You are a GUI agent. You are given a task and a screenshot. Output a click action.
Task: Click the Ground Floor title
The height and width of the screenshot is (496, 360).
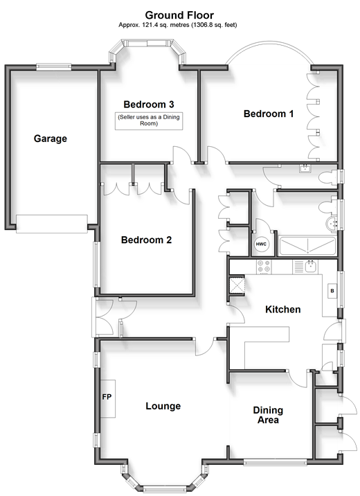click(x=179, y=15)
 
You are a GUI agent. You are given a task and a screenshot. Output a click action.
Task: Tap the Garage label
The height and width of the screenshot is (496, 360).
click(x=51, y=139)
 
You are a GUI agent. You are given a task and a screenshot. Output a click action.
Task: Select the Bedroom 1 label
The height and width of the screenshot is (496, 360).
click(x=269, y=114)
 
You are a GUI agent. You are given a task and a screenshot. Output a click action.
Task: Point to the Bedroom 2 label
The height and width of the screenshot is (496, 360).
click(x=146, y=240)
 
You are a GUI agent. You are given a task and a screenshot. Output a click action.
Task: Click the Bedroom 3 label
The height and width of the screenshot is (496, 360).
click(x=149, y=105)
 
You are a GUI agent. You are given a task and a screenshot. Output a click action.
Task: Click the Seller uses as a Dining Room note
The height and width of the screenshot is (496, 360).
click(x=149, y=121)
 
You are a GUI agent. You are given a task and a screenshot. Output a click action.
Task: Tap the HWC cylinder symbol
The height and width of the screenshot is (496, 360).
click(x=261, y=245)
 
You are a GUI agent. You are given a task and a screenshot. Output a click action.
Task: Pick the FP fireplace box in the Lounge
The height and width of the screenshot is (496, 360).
click(x=108, y=398)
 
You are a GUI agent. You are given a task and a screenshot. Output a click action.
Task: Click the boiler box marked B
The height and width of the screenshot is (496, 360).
click(x=332, y=291)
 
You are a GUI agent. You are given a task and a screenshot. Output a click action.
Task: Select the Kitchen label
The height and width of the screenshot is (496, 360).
click(x=283, y=310)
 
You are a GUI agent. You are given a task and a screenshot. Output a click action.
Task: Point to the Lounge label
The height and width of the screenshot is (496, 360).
click(x=163, y=406)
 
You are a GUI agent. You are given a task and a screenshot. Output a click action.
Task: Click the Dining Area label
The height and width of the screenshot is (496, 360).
click(x=268, y=415)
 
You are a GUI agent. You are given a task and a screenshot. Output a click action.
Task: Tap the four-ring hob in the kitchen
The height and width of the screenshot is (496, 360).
click(x=264, y=267)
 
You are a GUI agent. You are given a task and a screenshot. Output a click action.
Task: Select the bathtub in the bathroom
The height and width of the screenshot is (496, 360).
click(x=307, y=246)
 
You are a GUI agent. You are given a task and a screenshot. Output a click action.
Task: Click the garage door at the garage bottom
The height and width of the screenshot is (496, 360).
click(x=52, y=224)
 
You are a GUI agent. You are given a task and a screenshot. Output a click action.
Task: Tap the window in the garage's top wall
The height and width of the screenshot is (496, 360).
click(x=54, y=67)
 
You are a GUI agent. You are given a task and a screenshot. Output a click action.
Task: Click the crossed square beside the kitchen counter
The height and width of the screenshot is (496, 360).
click(x=237, y=285)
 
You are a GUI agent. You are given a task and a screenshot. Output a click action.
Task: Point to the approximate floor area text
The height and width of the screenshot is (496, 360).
click(x=178, y=25)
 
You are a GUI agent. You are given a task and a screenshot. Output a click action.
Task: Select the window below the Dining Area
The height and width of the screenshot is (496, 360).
click(x=276, y=463)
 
